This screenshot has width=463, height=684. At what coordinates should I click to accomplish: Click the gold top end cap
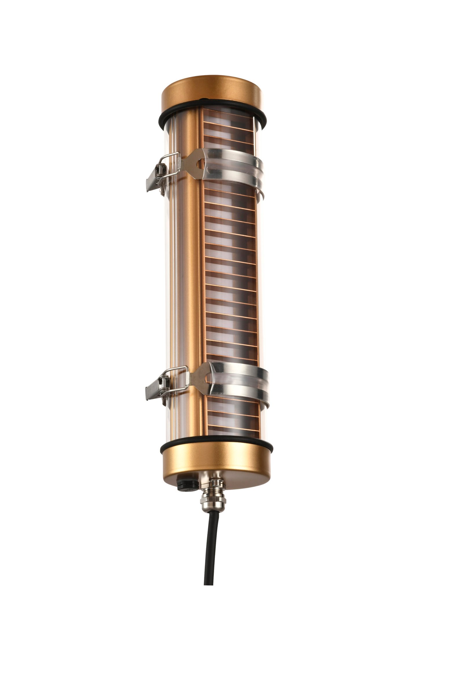pyautogui.click(x=211, y=94)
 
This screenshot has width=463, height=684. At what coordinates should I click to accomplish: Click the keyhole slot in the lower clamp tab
pyautogui.click(x=208, y=378)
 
